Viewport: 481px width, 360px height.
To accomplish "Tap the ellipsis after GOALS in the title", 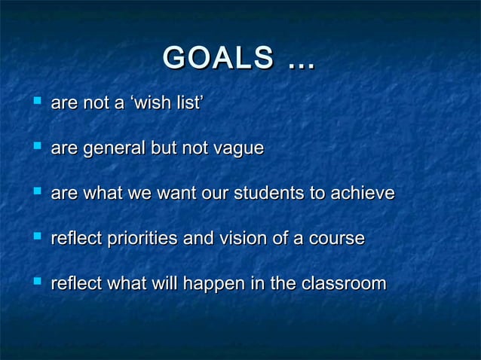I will pos(299,62).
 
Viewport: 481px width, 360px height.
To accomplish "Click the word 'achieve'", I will pos(364,194).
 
